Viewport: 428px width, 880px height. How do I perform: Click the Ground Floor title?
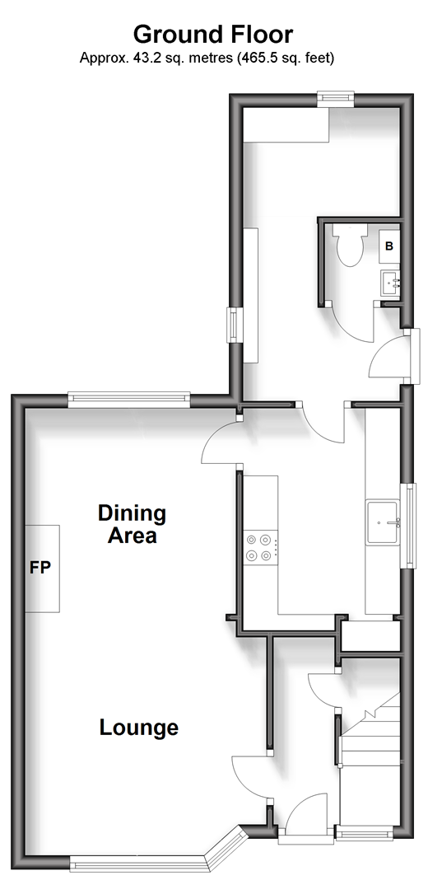213,35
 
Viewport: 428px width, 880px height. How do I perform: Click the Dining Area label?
133,523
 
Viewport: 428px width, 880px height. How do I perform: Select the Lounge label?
139,728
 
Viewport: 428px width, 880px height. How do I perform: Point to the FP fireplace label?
40,568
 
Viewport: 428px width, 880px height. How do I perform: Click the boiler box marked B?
389,246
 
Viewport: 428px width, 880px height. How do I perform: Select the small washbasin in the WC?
390,283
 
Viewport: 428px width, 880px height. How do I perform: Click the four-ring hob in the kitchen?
261,548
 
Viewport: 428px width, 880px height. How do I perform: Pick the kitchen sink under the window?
384,522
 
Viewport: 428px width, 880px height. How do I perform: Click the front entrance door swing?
306,812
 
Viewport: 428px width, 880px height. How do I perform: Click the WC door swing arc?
351,323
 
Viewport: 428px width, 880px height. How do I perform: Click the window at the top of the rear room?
336,100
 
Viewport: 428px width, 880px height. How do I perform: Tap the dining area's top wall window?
129,399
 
